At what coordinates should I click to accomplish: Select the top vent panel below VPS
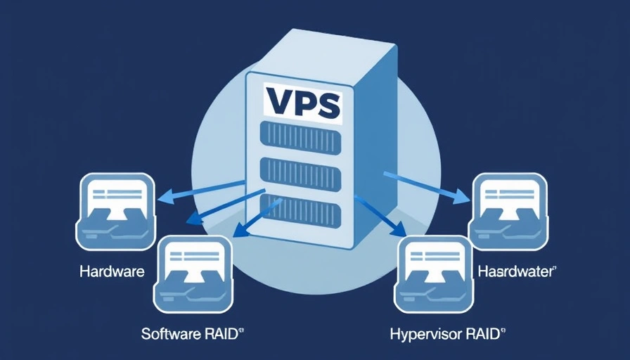(301, 136)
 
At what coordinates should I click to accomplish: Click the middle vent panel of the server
(301, 172)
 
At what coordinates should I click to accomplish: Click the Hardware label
(112, 271)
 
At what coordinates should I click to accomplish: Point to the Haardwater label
(517, 271)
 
